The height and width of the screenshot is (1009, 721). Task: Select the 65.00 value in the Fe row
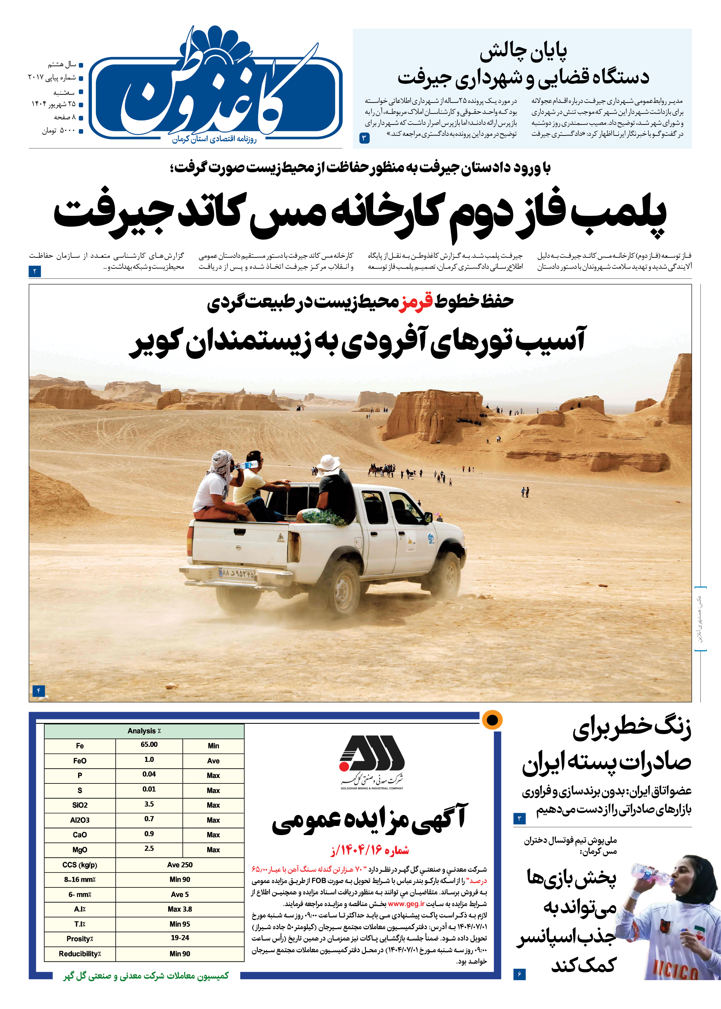[149, 744]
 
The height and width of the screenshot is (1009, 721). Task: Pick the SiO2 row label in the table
[80, 805]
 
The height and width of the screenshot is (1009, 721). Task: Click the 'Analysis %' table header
[144, 731]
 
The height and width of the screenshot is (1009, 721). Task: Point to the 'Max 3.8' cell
[180, 909]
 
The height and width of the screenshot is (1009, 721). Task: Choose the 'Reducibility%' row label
[80, 953]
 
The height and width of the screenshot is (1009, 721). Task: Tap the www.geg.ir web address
[406, 903]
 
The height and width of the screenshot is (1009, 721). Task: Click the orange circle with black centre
[492, 720]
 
